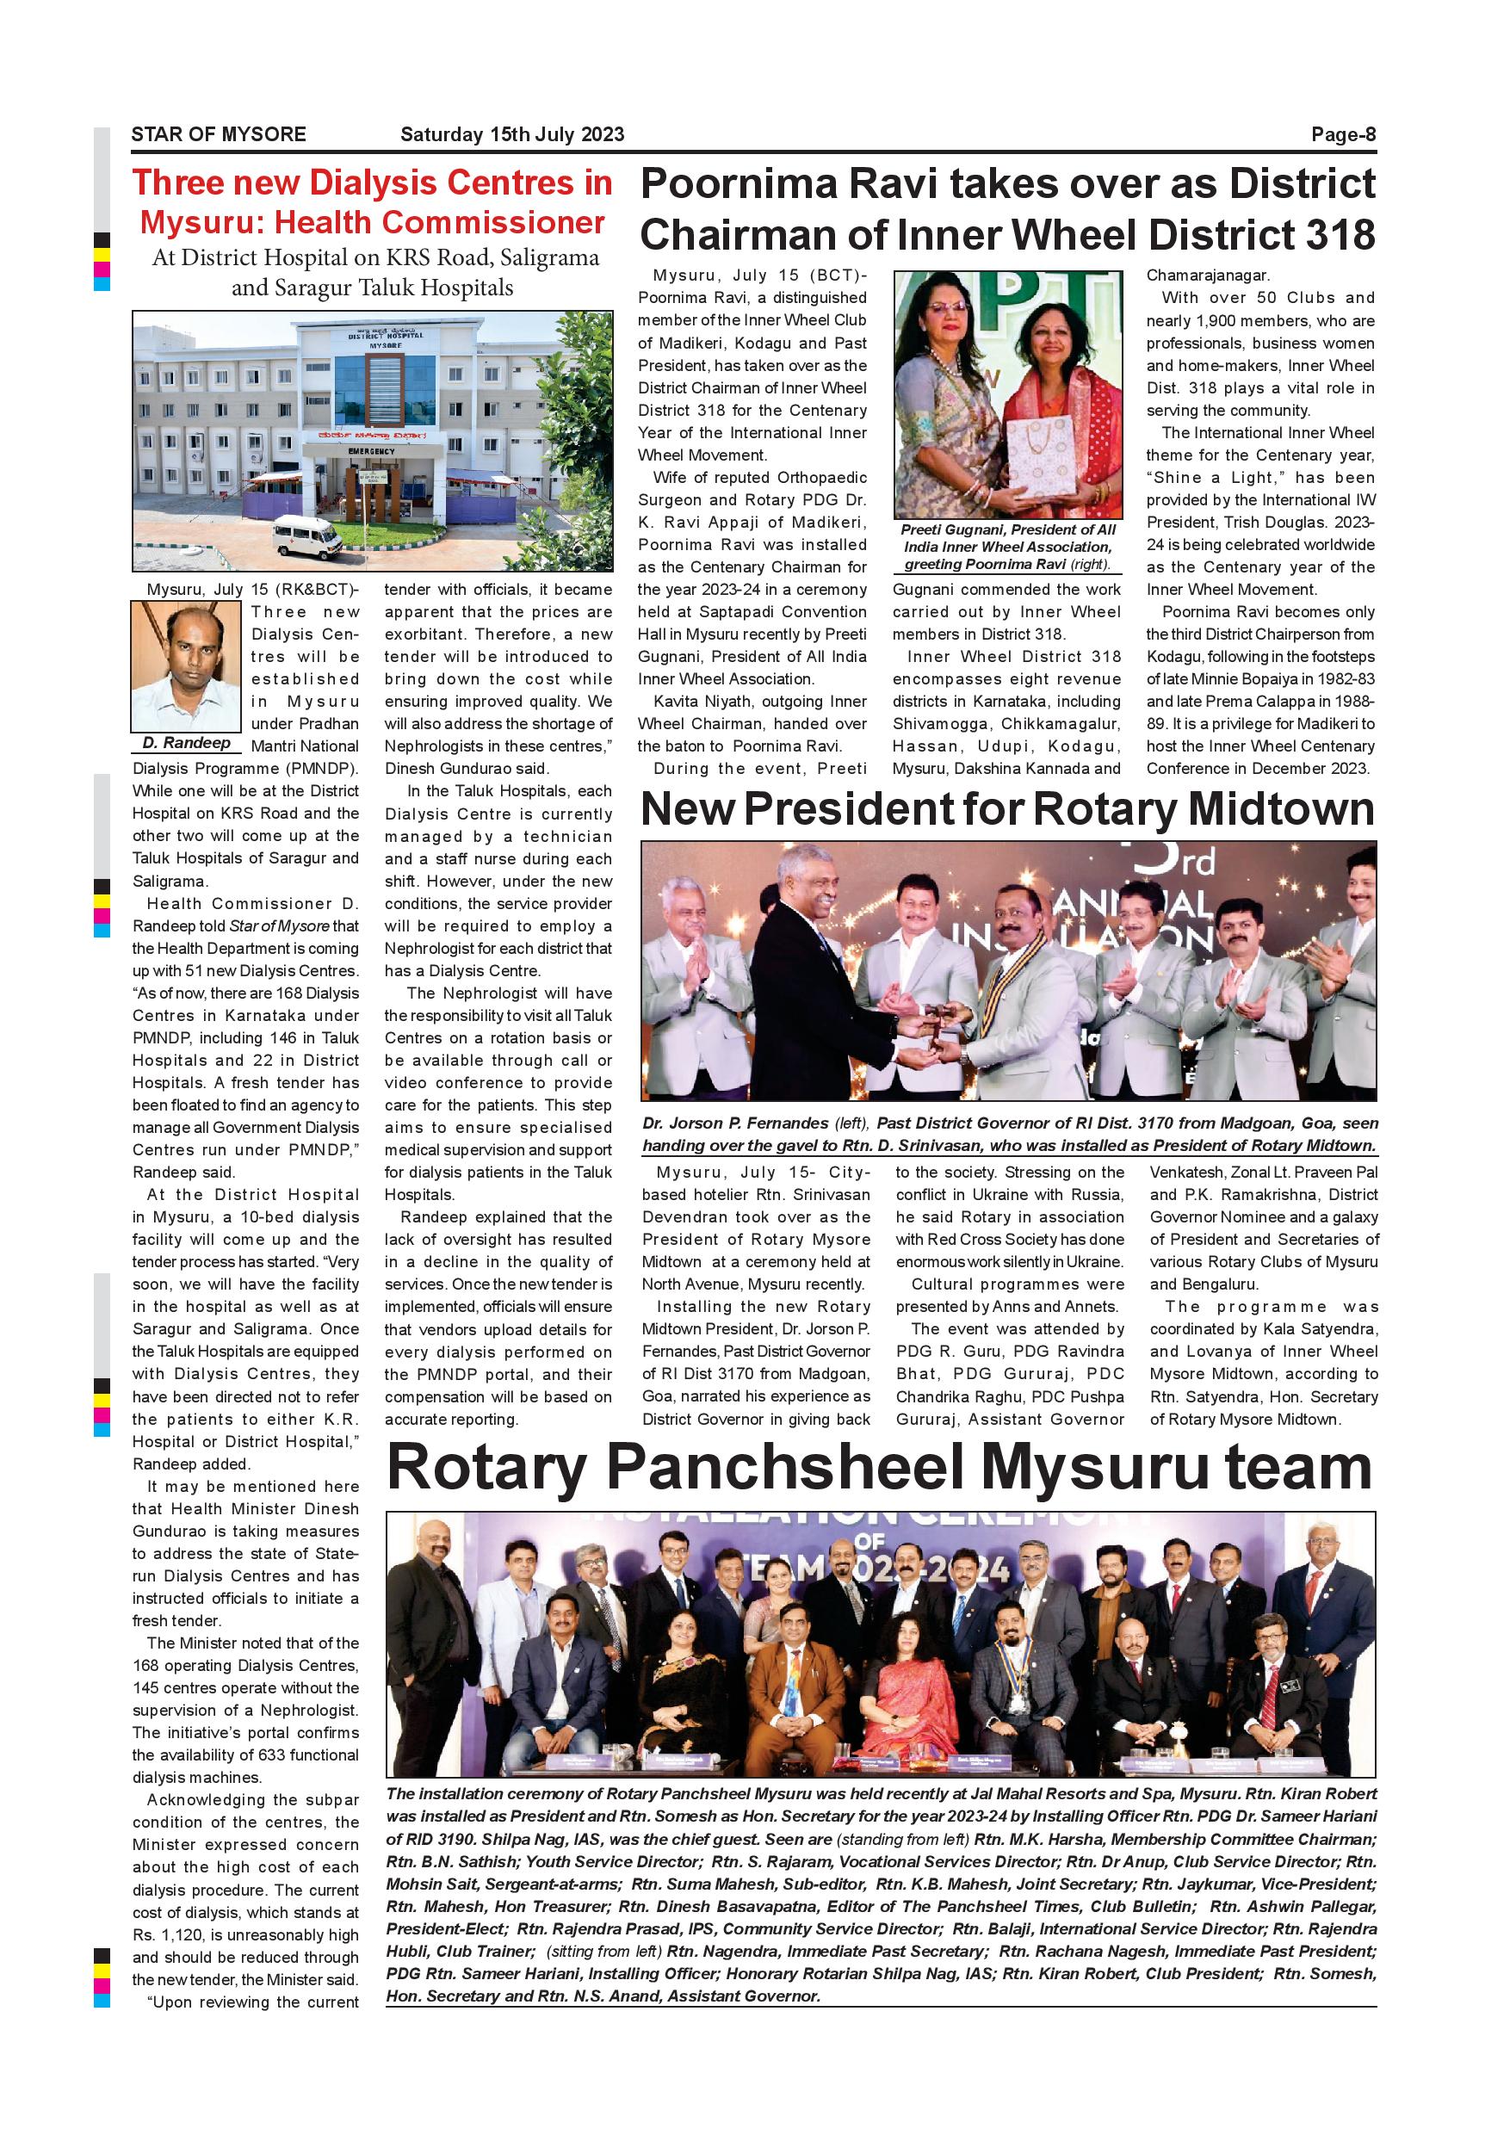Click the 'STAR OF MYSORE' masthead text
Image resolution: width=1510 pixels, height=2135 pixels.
(x=219, y=134)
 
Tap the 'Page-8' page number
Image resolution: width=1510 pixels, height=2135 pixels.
(x=1343, y=134)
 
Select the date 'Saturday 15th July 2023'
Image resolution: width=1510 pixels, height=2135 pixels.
(x=512, y=134)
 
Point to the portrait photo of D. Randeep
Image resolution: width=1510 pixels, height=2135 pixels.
(x=186, y=666)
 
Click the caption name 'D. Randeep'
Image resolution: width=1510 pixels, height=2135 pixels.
(x=186, y=743)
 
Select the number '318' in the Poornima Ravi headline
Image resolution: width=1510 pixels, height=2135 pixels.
(x=1335, y=234)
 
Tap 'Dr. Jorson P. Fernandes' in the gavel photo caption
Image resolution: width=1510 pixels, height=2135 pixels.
(x=734, y=1123)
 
